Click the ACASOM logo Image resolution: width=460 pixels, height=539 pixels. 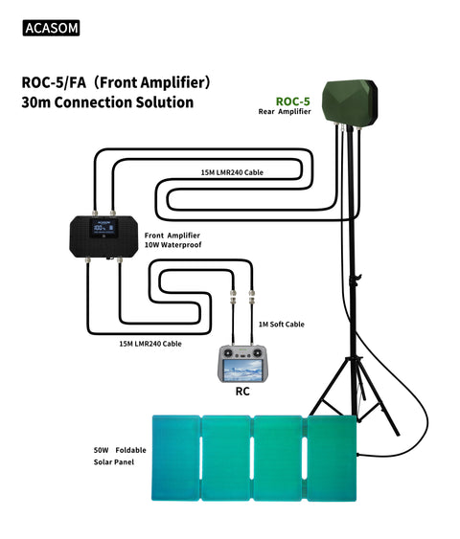(x=50, y=29)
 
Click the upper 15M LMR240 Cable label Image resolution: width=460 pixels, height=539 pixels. (x=232, y=173)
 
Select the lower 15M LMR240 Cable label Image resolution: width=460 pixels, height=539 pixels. (x=150, y=343)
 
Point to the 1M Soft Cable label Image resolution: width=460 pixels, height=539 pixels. (x=282, y=325)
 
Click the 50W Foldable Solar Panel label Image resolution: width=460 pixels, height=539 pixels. (x=114, y=455)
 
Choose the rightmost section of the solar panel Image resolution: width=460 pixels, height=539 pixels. (x=332, y=457)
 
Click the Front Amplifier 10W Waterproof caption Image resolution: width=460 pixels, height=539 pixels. (x=173, y=239)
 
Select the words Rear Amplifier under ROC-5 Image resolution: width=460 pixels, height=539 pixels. (x=286, y=112)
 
